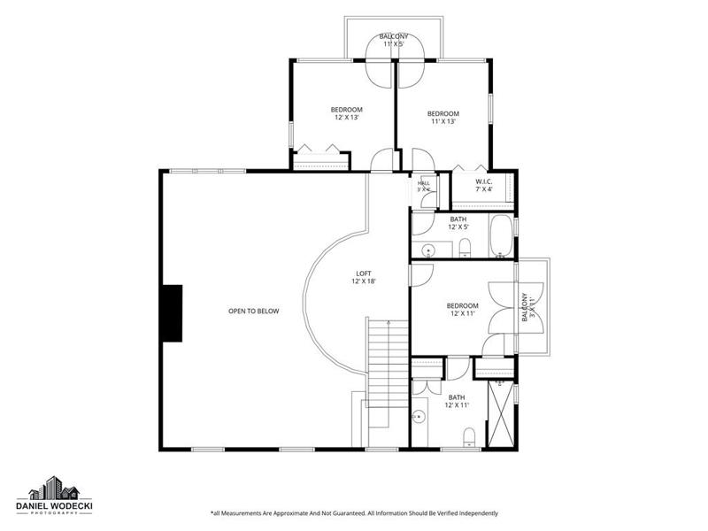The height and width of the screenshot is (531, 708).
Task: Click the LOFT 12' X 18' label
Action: click(x=364, y=277)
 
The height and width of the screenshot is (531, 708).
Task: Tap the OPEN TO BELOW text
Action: click(x=253, y=312)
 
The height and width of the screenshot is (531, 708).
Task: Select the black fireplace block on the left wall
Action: click(x=173, y=313)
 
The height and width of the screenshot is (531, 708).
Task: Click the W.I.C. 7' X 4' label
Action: click(x=483, y=186)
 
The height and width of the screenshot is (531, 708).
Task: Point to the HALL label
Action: click(x=424, y=183)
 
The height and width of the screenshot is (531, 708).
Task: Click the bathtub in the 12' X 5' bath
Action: click(x=501, y=235)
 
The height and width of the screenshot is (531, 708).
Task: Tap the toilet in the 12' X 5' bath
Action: click(x=465, y=248)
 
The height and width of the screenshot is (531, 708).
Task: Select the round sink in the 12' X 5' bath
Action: click(x=427, y=250)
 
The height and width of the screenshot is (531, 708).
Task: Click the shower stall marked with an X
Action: click(x=501, y=414)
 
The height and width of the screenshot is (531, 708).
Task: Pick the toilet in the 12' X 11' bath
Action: click(x=470, y=437)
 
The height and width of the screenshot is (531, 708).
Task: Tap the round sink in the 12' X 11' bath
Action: click(x=419, y=416)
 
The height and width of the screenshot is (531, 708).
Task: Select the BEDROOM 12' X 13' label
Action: click(x=346, y=113)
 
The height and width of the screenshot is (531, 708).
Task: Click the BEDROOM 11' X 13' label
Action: click(x=443, y=118)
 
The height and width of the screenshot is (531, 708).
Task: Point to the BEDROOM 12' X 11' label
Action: click(x=462, y=309)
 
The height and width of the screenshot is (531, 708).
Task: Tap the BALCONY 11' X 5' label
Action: click(x=393, y=40)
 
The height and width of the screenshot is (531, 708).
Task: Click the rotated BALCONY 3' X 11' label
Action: click(x=527, y=307)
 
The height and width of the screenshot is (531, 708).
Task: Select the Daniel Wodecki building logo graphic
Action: click(x=54, y=488)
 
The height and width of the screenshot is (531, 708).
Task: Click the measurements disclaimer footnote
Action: click(x=355, y=513)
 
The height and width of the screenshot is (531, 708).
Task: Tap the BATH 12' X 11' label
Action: click(x=457, y=401)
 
